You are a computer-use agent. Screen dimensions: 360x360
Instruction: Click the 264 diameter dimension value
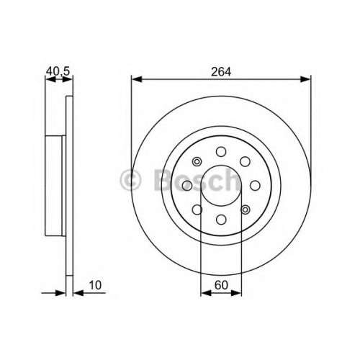click(221, 72)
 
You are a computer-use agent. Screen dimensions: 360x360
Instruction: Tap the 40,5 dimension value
click(58, 71)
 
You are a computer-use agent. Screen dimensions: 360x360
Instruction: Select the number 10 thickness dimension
click(95, 285)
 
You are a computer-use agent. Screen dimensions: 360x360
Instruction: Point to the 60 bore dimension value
click(221, 285)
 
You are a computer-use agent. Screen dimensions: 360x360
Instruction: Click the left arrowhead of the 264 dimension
click(138, 79)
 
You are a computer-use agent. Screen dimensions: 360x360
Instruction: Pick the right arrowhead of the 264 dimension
click(305, 79)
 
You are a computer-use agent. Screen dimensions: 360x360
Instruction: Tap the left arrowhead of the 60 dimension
click(206, 293)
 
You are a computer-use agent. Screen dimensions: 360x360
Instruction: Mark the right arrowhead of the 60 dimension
click(236, 293)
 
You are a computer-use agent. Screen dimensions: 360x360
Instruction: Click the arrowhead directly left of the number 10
click(78, 293)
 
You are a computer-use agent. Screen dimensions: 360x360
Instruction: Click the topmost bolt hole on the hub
click(221, 152)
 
